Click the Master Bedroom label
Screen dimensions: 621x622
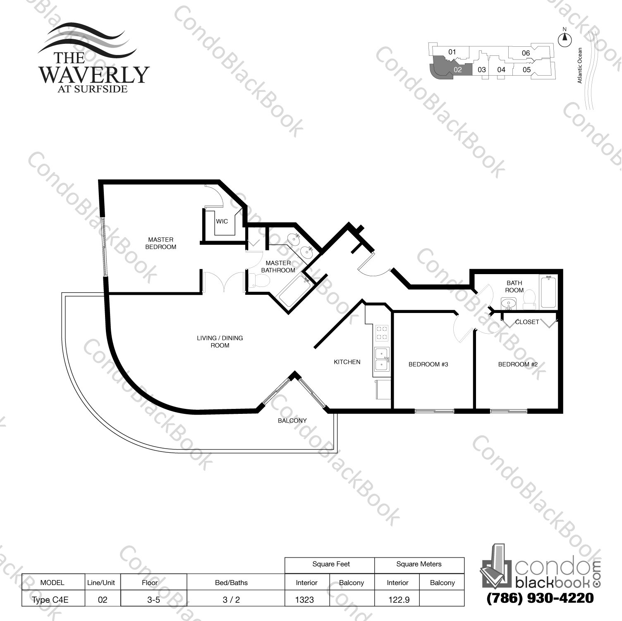(161, 243)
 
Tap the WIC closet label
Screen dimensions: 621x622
(222, 222)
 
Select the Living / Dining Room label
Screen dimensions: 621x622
(220, 342)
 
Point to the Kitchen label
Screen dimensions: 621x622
(347, 362)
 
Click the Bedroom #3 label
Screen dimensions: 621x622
(428, 364)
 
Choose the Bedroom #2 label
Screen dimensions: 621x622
(517, 364)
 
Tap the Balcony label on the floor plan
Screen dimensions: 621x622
(292, 420)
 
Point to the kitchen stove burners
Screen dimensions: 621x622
(382, 333)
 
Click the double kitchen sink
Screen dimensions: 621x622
(382, 358)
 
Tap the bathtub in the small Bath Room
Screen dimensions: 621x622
(548, 292)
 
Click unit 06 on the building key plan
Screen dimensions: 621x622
(526, 53)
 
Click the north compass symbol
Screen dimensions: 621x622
(565, 39)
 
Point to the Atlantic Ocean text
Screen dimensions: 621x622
(580, 65)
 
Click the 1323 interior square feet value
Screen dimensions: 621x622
(305, 600)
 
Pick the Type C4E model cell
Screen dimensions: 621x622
(50, 600)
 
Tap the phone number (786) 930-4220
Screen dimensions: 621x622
(541, 598)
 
